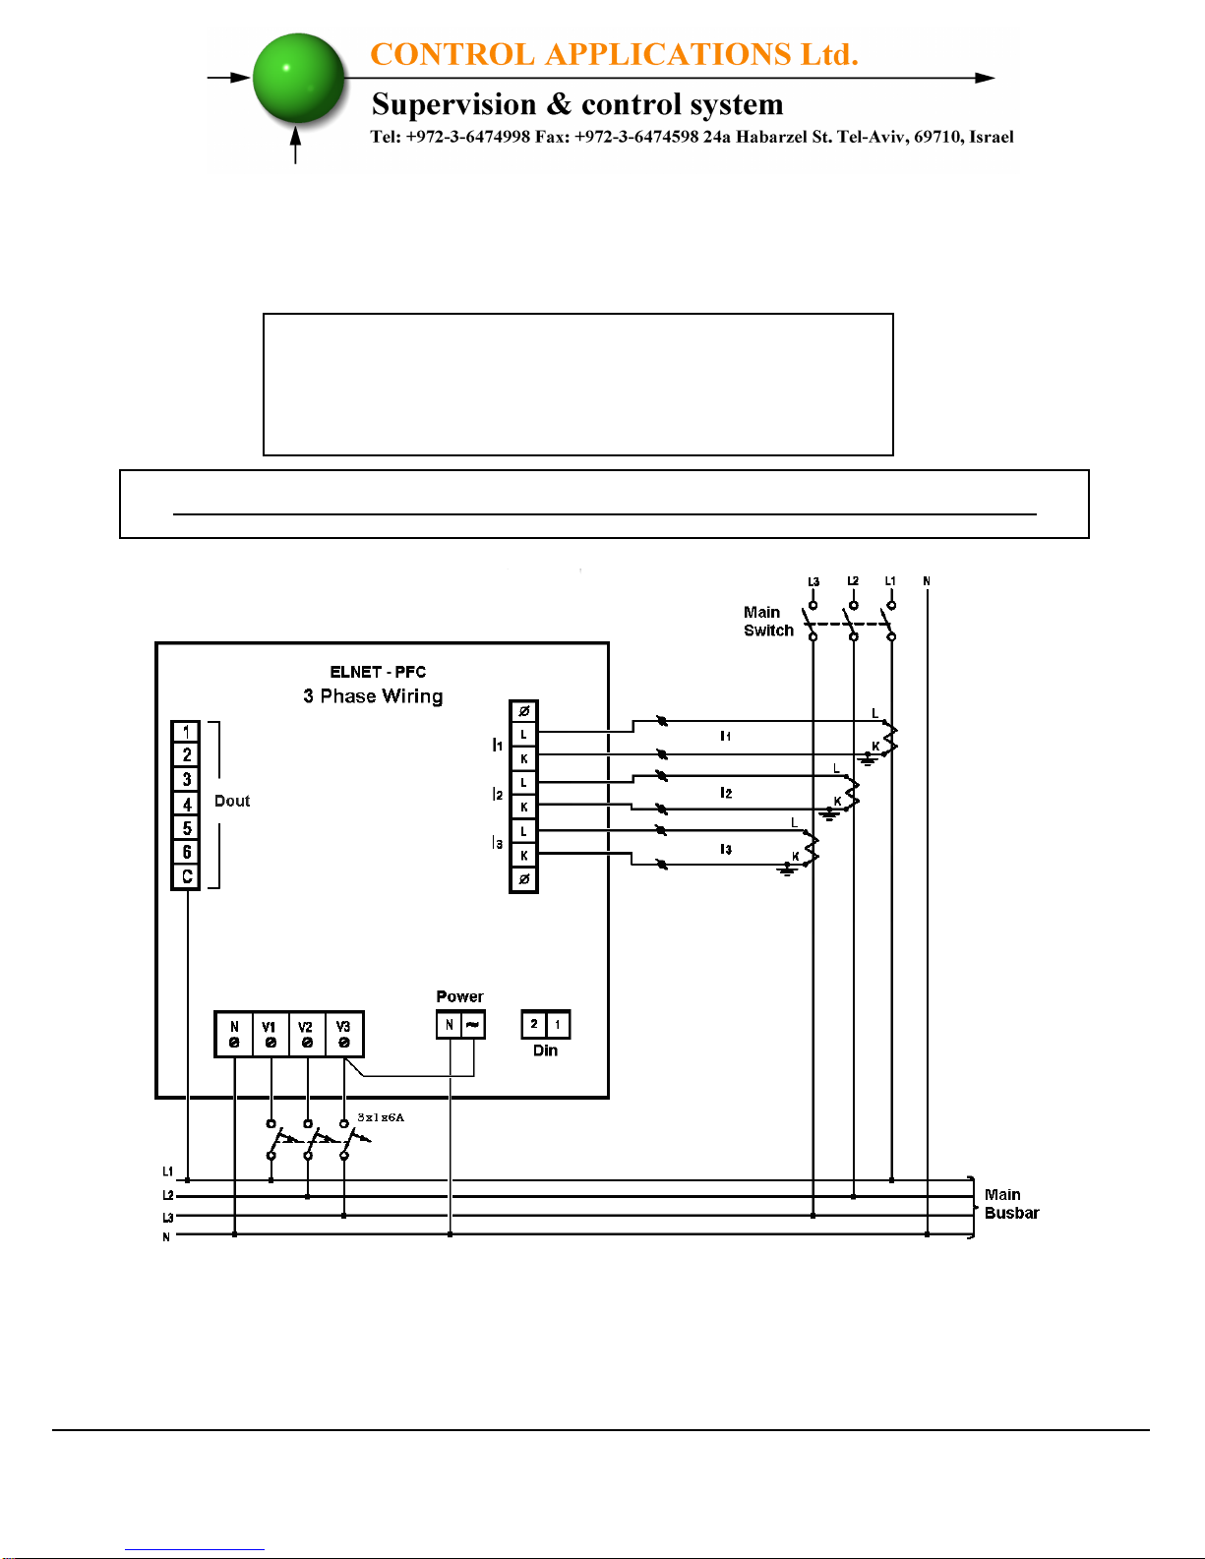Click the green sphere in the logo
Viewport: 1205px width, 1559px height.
tap(299, 78)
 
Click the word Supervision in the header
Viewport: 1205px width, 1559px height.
tap(453, 104)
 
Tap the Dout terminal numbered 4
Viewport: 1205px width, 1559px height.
tap(187, 805)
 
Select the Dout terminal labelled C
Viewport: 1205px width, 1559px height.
tap(187, 876)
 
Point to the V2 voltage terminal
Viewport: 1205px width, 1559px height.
tap(307, 1034)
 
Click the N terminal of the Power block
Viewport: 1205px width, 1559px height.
tap(449, 1025)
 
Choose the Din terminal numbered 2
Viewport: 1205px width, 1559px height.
tap(533, 1025)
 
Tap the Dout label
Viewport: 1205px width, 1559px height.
tap(232, 801)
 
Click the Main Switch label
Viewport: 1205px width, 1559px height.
tap(768, 622)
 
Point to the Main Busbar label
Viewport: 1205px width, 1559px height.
tap(1011, 1204)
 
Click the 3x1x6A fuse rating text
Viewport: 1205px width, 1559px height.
tap(381, 1117)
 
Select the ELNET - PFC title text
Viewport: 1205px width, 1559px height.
tap(378, 672)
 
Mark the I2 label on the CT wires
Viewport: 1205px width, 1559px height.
tap(726, 792)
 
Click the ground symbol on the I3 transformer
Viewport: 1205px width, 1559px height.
tap(787, 870)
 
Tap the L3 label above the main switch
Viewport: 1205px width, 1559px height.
tap(813, 581)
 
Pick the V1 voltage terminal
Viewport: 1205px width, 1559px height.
tap(271, 1034)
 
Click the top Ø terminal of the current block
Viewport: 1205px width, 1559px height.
tap(523, 711)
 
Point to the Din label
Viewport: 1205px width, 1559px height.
tap(545, 1050)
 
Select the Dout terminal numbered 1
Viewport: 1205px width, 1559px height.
tap(187, 732)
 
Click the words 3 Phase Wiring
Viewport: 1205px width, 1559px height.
tap(373, 696)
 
